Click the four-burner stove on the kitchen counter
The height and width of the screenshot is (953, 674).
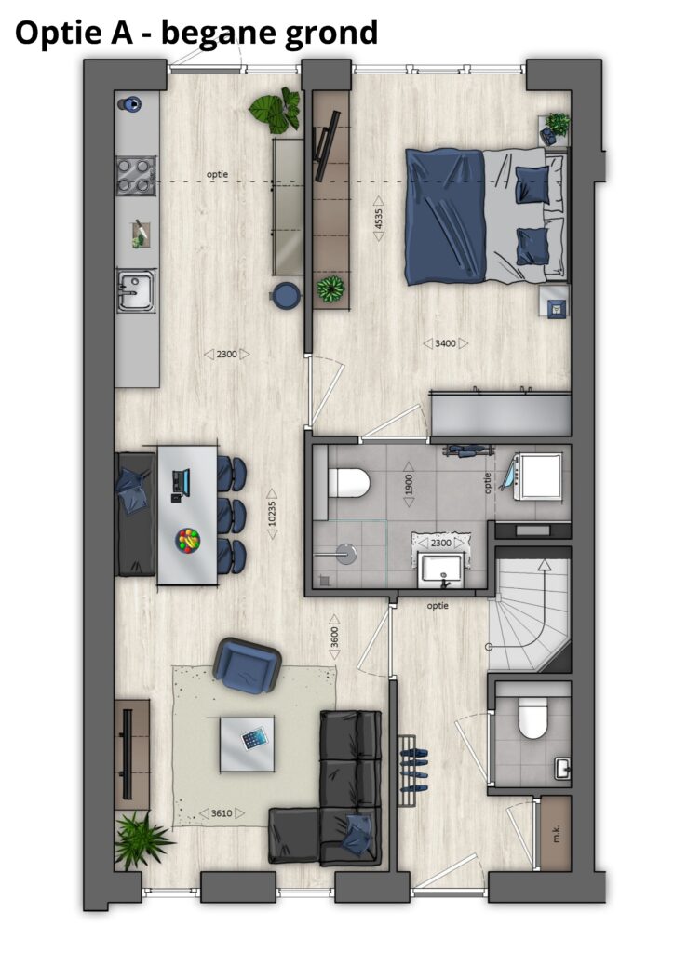point(136,176)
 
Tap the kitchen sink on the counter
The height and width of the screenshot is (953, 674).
point(136,291)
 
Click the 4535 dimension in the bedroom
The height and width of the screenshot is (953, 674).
point(378,218)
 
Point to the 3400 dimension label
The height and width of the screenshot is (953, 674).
point(446,343)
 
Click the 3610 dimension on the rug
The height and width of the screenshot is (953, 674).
point(222,813)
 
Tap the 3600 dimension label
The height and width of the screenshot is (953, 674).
point(334,638)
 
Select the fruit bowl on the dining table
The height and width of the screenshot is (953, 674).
point(188,541)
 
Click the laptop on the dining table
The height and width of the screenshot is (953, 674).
point(180,484)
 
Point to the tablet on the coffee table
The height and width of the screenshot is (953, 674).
point(254,738)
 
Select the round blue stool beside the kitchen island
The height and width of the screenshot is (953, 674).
point(285,295)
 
